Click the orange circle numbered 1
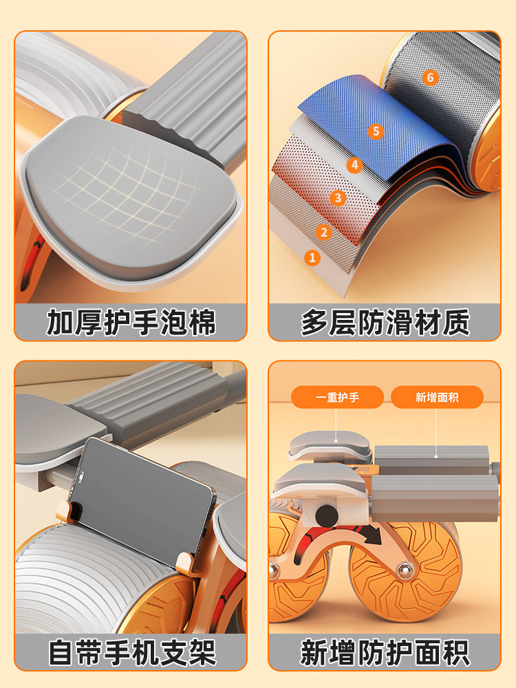click(312, 257)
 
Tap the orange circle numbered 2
click(324, 232)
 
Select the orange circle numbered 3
click(338, 198)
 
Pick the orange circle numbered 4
click(354, 165)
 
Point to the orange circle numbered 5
click(376, 131)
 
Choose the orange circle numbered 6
click(431, 78)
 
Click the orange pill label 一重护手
click(337, 397)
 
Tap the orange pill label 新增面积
click(437, 397)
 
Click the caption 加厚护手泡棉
click(131, 323)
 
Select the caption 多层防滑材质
click(385, 323)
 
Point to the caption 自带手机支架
click(131, 652)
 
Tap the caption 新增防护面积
click(385, 652)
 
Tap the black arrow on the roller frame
click(372, 534)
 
